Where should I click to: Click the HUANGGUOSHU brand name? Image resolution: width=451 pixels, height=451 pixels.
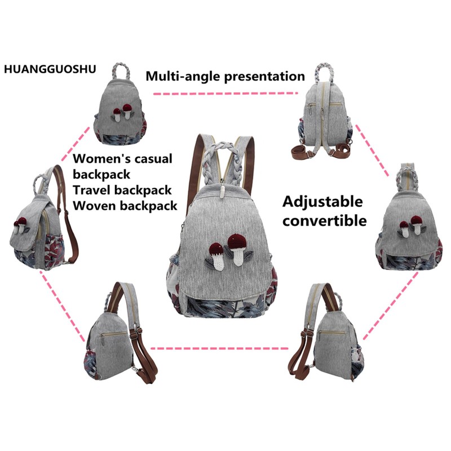pos(49,69)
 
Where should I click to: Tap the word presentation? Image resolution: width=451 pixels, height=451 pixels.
pos(265,76)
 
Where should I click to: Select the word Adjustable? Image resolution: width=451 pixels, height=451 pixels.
pos(323,202)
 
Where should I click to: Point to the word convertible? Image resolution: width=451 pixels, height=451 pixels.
pos(325,220)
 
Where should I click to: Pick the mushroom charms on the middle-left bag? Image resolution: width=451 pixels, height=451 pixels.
pos(25,223)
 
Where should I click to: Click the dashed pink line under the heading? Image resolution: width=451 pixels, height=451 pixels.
pos(225,92)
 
